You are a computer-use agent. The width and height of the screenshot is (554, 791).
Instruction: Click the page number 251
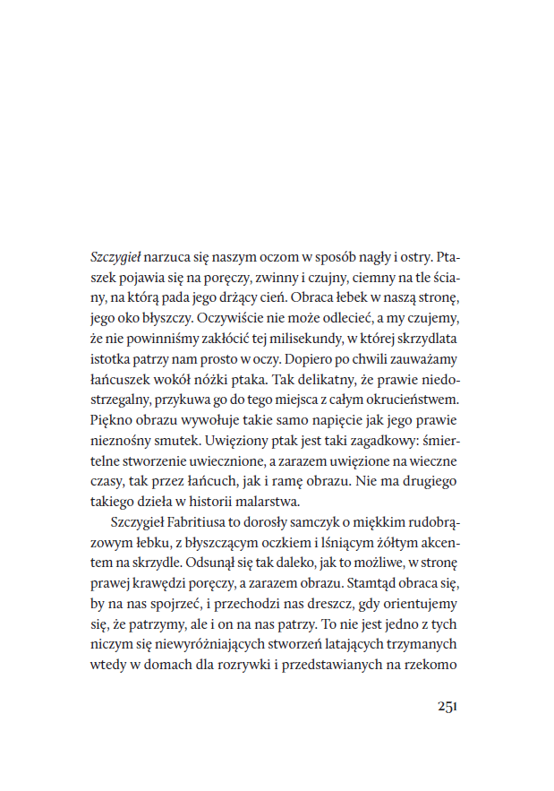(x=447, y=706)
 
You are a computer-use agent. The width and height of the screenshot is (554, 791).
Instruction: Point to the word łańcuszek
(x=125, y=378)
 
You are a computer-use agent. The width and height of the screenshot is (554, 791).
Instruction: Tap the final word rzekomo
(x=433, y=666)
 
